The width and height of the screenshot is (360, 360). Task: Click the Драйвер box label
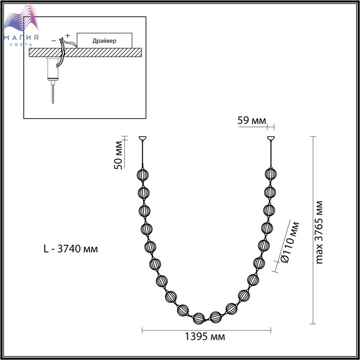coord(104,41)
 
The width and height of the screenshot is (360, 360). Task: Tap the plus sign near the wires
coord(67,35)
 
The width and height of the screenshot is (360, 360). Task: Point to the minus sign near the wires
coord(53,41)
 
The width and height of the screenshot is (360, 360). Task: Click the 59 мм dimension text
coord(251,120)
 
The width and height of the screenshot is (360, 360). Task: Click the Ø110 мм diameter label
coord(291,242)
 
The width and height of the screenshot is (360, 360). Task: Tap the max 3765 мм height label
coord(319,232)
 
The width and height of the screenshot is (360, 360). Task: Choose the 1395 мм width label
coord(205,336)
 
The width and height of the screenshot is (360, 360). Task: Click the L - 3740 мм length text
coord(71,248)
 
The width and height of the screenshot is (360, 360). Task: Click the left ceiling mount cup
coord(142,138)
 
